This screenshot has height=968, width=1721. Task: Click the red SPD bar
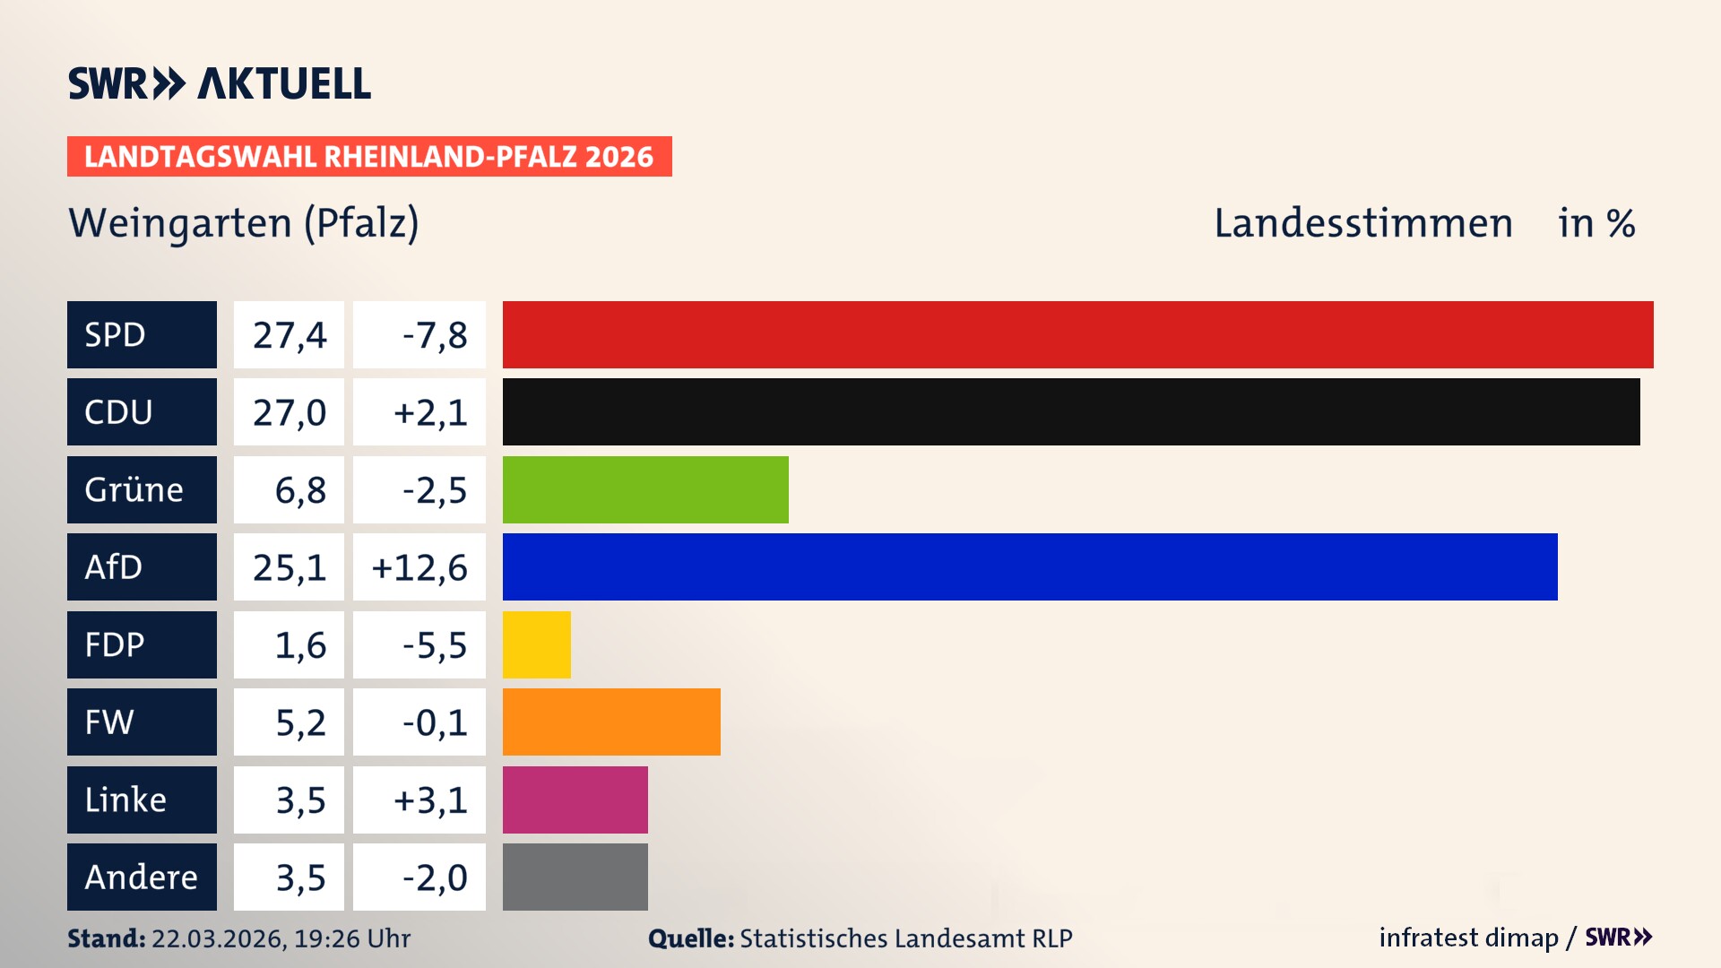[x=1077, y=334]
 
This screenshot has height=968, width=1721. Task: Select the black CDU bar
[x=1071, y=412]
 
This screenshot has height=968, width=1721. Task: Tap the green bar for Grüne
[x=645, y=489]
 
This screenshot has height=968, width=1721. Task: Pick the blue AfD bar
[x=1030, y=566]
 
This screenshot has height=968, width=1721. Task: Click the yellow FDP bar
[x=536, y=644]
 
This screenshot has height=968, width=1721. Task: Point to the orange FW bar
[x=611, y=722]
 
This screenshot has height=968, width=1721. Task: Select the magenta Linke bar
[x=575, y=799]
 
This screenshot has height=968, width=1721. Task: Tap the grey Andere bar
[x=575, y=877]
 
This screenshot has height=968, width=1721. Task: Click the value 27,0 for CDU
[x=289, y=412]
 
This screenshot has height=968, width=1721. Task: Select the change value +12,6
[x=419, y=567]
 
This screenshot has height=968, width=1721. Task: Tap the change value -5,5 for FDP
[x=434, y=644]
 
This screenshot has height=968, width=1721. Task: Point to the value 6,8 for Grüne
[x=299, y=490]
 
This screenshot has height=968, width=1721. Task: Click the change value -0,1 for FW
[x=434, y=722]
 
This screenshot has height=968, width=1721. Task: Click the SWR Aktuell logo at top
[x=220, y=83]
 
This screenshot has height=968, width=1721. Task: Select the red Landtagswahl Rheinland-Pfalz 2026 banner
[x=369, y=157]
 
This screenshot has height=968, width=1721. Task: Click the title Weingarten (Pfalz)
[x=244, y=222]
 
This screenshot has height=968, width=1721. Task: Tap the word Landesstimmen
[x=1362, y=222]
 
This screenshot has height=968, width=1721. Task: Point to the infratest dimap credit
[x=1468, y=938]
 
